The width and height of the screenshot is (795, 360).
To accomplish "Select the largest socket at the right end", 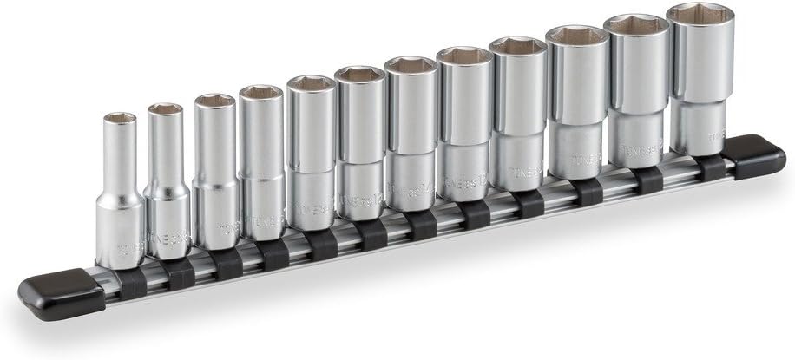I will point(700,78).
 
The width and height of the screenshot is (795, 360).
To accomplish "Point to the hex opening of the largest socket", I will point(700,15).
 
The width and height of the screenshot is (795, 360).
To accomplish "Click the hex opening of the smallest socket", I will point(120,117).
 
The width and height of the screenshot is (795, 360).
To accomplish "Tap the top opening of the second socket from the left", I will point(165,109).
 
